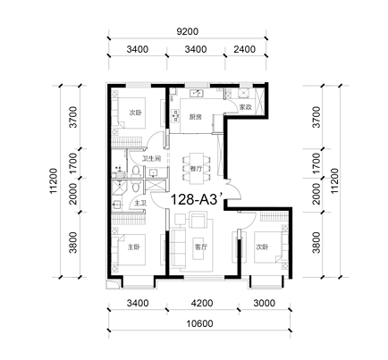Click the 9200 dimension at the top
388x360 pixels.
[187, 31]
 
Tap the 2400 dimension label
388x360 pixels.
[245, 49]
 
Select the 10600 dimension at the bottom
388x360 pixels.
[199, 323]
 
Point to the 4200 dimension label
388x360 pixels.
[202, 303]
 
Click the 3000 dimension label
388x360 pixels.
[265, 303]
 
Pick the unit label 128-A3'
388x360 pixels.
[197, 199]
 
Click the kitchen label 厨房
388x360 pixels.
[196, 117]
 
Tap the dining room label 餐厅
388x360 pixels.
[197, 169]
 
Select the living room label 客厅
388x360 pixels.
[200, 247]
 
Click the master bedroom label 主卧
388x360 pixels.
[134, 247]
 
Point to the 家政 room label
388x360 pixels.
[246, 107]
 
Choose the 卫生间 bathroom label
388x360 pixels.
[151, 159]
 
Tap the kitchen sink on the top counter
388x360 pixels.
[196, 94]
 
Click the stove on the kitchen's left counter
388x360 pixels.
[175, 115]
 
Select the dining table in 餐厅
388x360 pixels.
[197, 168]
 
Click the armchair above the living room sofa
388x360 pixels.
[198, 220]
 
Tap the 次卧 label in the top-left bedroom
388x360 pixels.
[136, 113]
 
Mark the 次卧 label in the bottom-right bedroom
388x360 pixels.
[262, 247]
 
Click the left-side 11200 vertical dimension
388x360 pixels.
[54, 181]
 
